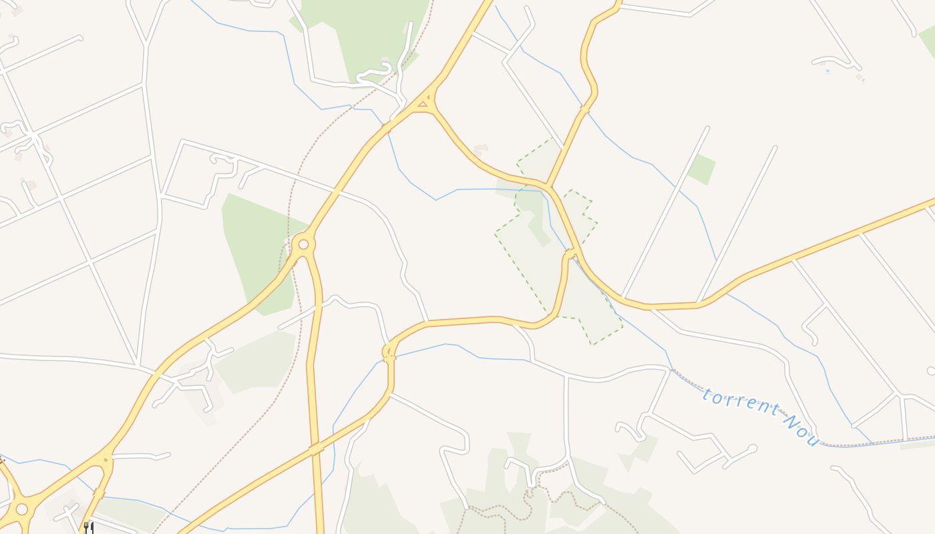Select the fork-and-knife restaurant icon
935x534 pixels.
(x=87, y=527)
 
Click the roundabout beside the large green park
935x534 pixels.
(x=303, y=244)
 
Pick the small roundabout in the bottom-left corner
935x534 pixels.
(x=21, y=509)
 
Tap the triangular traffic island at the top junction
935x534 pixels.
(x=423, y=103)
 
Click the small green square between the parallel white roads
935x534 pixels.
(x=701, y=169)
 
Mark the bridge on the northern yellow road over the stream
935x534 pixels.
(x=585, y=109)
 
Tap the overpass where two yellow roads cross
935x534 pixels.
(x=316, y=449)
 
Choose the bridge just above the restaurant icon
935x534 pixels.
(x=99, y=494)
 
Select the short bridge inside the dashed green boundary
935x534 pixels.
(x=570, y=252)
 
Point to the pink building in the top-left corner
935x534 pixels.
(x=17, y=11)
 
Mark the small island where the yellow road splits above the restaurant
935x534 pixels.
(x=105, y=459)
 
